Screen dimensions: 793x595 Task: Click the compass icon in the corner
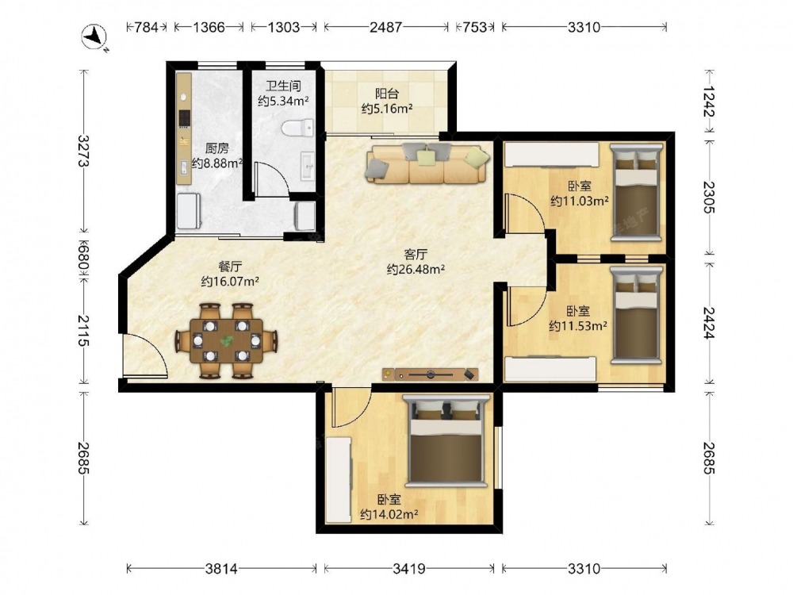coord(94,37)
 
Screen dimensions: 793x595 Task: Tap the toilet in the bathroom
coord(298,128)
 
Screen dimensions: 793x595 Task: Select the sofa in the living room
coord(427,163)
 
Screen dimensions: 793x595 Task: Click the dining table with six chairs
coord(227,341)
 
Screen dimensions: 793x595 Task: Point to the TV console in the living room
coord(430,374)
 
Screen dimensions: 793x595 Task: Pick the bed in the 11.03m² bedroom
coord(636,192)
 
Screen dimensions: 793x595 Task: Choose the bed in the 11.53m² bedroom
coord(636,315)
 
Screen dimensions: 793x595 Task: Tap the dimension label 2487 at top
coord(385,27)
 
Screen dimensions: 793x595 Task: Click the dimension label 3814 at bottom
coord(221,569)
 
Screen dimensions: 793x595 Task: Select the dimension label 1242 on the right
coord(709,102)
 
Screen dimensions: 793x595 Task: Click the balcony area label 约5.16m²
coord(387,109)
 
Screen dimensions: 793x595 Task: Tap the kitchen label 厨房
coord(216,148)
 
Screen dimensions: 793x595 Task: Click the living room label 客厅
coord(416,254)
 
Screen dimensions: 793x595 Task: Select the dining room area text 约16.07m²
coord(230,282)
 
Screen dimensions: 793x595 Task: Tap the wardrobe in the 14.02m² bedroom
coord(339,480)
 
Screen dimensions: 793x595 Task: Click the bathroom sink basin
coord(308,166)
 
